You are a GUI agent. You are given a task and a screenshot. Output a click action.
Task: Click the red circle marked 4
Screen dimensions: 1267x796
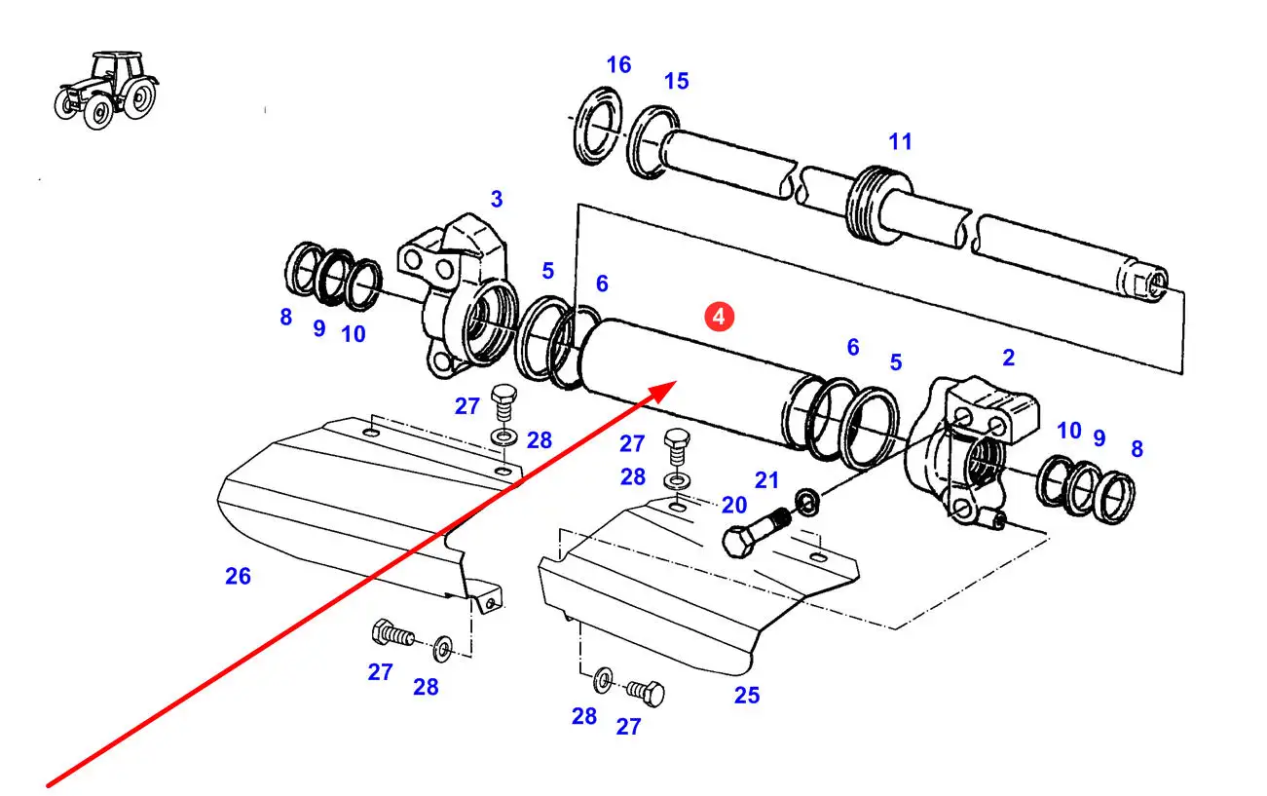point(719,317)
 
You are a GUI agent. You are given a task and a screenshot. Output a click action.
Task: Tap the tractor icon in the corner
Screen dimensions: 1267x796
point(107,90)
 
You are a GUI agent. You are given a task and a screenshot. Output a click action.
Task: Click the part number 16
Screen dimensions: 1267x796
point(618,65)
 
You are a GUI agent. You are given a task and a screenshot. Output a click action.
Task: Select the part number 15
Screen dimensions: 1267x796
point(677,82)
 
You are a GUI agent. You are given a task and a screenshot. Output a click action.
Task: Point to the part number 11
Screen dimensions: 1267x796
point(901,142)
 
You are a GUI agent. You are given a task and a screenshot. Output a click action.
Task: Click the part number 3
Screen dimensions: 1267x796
point(497,199)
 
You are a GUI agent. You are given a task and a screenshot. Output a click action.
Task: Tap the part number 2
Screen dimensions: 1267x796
point(1009,358)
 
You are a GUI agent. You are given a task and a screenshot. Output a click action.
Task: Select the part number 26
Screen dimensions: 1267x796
point(239,577)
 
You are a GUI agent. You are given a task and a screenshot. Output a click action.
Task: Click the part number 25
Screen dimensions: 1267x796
point(747,696)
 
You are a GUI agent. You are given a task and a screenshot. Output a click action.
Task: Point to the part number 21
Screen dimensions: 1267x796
point(767,480)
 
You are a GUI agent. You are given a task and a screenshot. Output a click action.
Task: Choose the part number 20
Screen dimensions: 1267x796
point(734,505)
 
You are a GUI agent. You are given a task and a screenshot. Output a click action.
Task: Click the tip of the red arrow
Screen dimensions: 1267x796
point(677,381)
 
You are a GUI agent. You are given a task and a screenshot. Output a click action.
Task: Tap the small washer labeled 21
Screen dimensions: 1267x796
point(807,503)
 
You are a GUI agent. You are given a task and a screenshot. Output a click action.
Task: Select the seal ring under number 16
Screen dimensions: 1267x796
point(598,126)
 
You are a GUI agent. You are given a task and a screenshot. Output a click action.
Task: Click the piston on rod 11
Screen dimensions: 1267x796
point(877,206)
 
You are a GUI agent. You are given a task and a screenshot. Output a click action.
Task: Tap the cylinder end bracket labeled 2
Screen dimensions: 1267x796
point(972,451)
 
